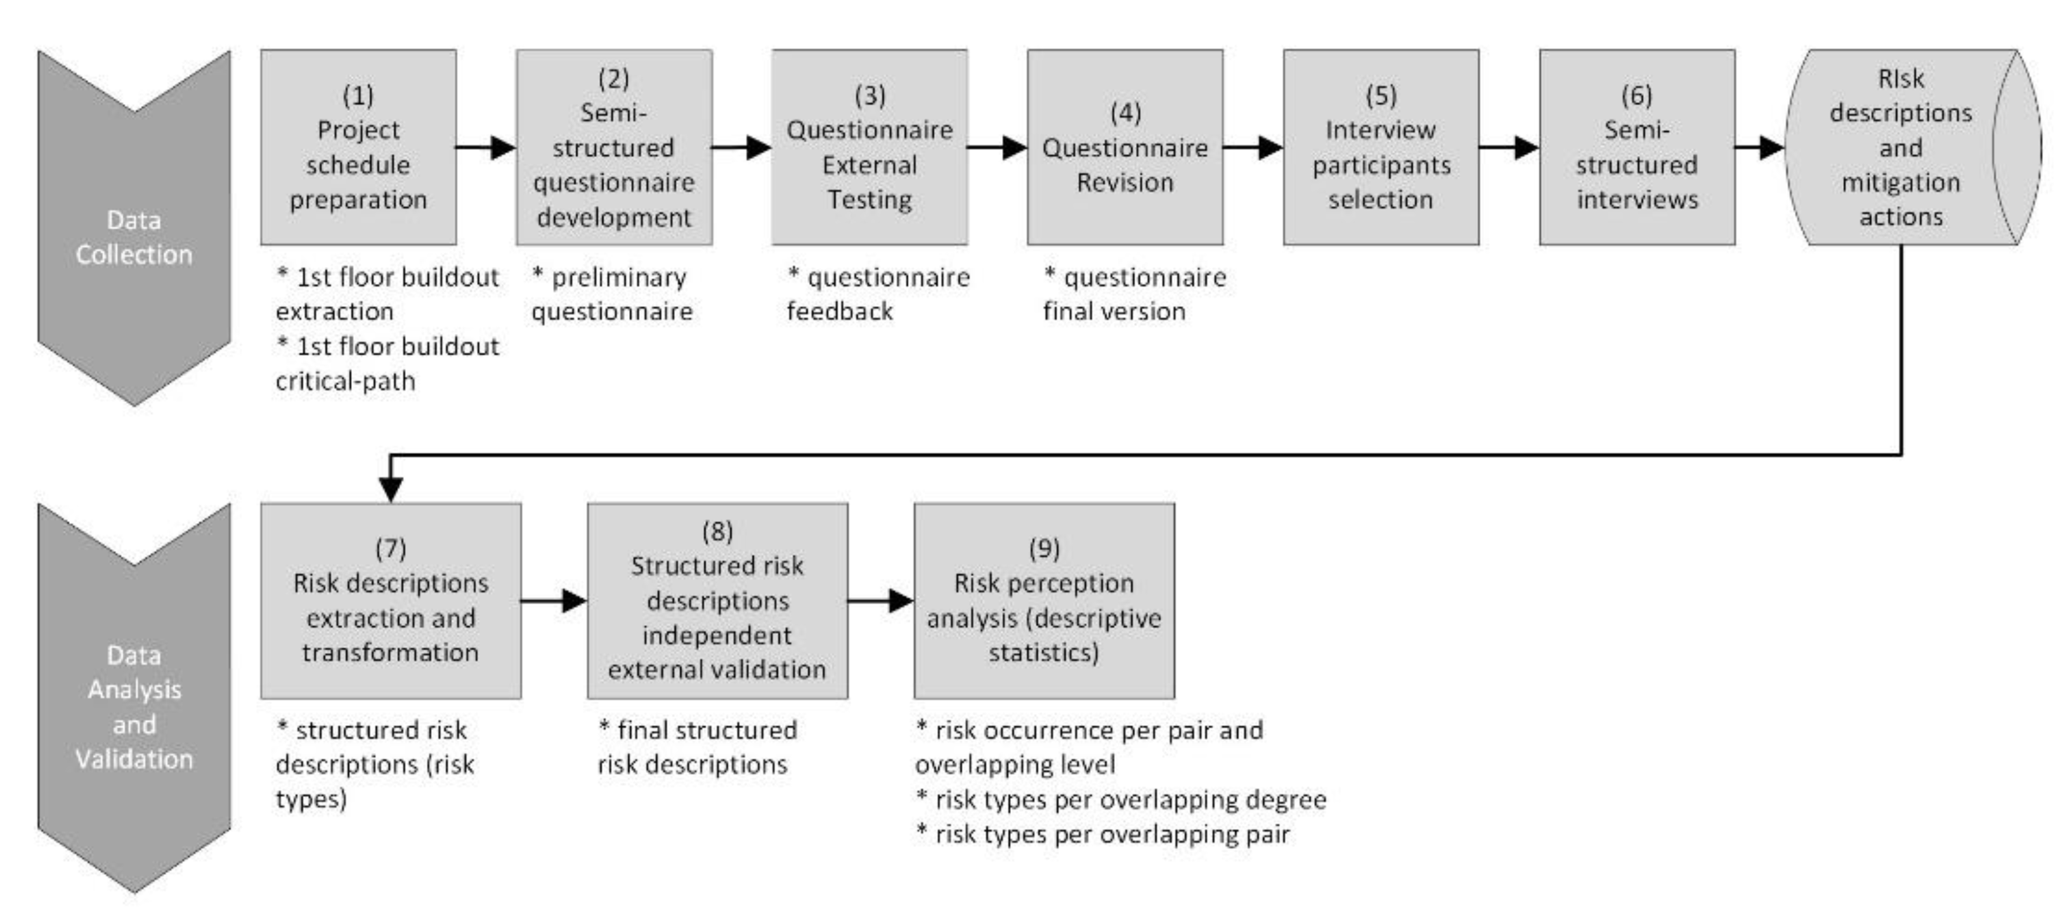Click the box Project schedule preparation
[x=358, y=147]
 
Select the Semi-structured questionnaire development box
[x=614, y=147]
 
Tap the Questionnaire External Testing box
[x=870, y=147]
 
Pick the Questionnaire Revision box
[x=1124, y=147]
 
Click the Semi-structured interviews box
[x=1636, y=147]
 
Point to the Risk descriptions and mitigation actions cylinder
[x=1900, y=147]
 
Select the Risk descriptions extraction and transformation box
[x=390, y=600]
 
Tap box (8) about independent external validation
[x=717, y=600]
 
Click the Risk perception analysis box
[x=1043, y=600]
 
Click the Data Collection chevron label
[x=134, y=237]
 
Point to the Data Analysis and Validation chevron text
[x=134, y=707]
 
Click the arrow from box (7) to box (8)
[x=554, y=600]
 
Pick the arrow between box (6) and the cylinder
[x=1759, y=147]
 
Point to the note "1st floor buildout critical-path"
[x=387, y=363]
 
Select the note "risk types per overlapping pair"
[x=1103, y=834]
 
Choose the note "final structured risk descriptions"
[x=696, y=747]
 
